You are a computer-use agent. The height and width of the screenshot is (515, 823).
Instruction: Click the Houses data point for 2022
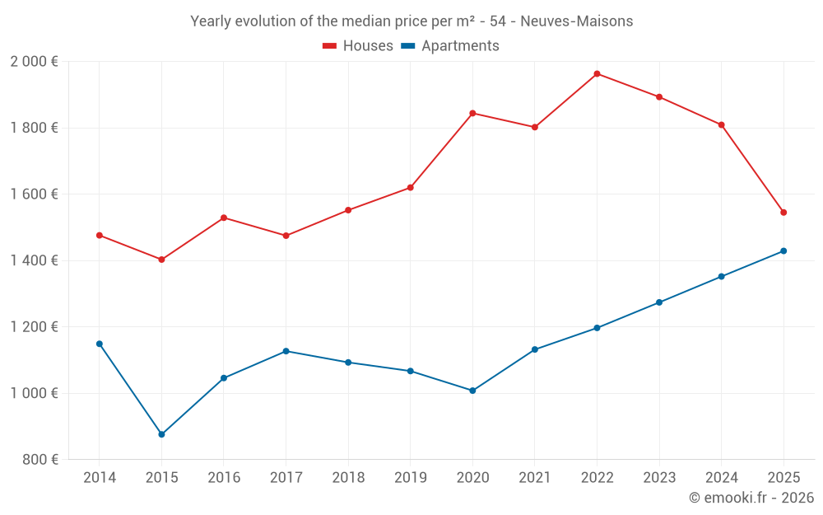click(x=597, y=74)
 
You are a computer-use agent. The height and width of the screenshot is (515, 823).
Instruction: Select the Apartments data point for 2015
click(x=161, y=434)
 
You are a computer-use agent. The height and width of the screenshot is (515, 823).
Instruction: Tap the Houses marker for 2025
click(x=783, y=213)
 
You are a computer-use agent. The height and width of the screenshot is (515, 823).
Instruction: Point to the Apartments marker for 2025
click(x=783, y=251)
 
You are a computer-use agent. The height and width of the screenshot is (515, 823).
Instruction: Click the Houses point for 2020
click(x=472, y=113)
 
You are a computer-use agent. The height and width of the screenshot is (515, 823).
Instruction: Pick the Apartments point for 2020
click(x=472, y=391)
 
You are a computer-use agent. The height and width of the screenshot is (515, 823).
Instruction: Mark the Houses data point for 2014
click(x=100, y=236)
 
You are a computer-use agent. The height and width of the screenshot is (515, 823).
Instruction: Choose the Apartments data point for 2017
click(x=286, y=351)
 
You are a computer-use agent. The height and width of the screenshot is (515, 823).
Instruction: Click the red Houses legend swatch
click(x=330, y=46)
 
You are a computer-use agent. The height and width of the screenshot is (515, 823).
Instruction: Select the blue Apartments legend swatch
click(x=408, y=46)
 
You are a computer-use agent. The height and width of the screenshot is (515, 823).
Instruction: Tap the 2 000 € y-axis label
click(x=34, y=62)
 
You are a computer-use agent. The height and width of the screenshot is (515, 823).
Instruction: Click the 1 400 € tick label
click(x=34, y=260)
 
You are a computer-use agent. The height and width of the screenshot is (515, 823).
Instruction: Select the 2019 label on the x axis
click(x=410, y=478)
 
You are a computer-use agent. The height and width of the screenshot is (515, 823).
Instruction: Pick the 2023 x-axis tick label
click(x=659, y=478)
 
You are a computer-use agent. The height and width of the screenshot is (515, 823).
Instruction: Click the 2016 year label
click(x=224, y=478)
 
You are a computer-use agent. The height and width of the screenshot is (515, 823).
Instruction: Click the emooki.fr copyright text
click(x=751, y=498)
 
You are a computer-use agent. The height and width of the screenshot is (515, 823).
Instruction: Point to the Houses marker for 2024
click(x=721, y=125)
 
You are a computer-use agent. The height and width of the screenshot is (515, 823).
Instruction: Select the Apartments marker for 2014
click(x=100, y=344)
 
